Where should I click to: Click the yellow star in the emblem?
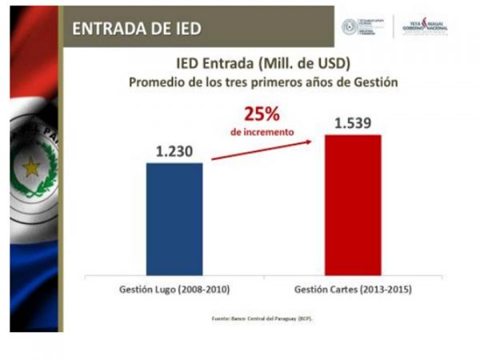point(31,167)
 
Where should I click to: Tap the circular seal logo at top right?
point(350,26)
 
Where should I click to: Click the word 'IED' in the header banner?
point(184,30)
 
